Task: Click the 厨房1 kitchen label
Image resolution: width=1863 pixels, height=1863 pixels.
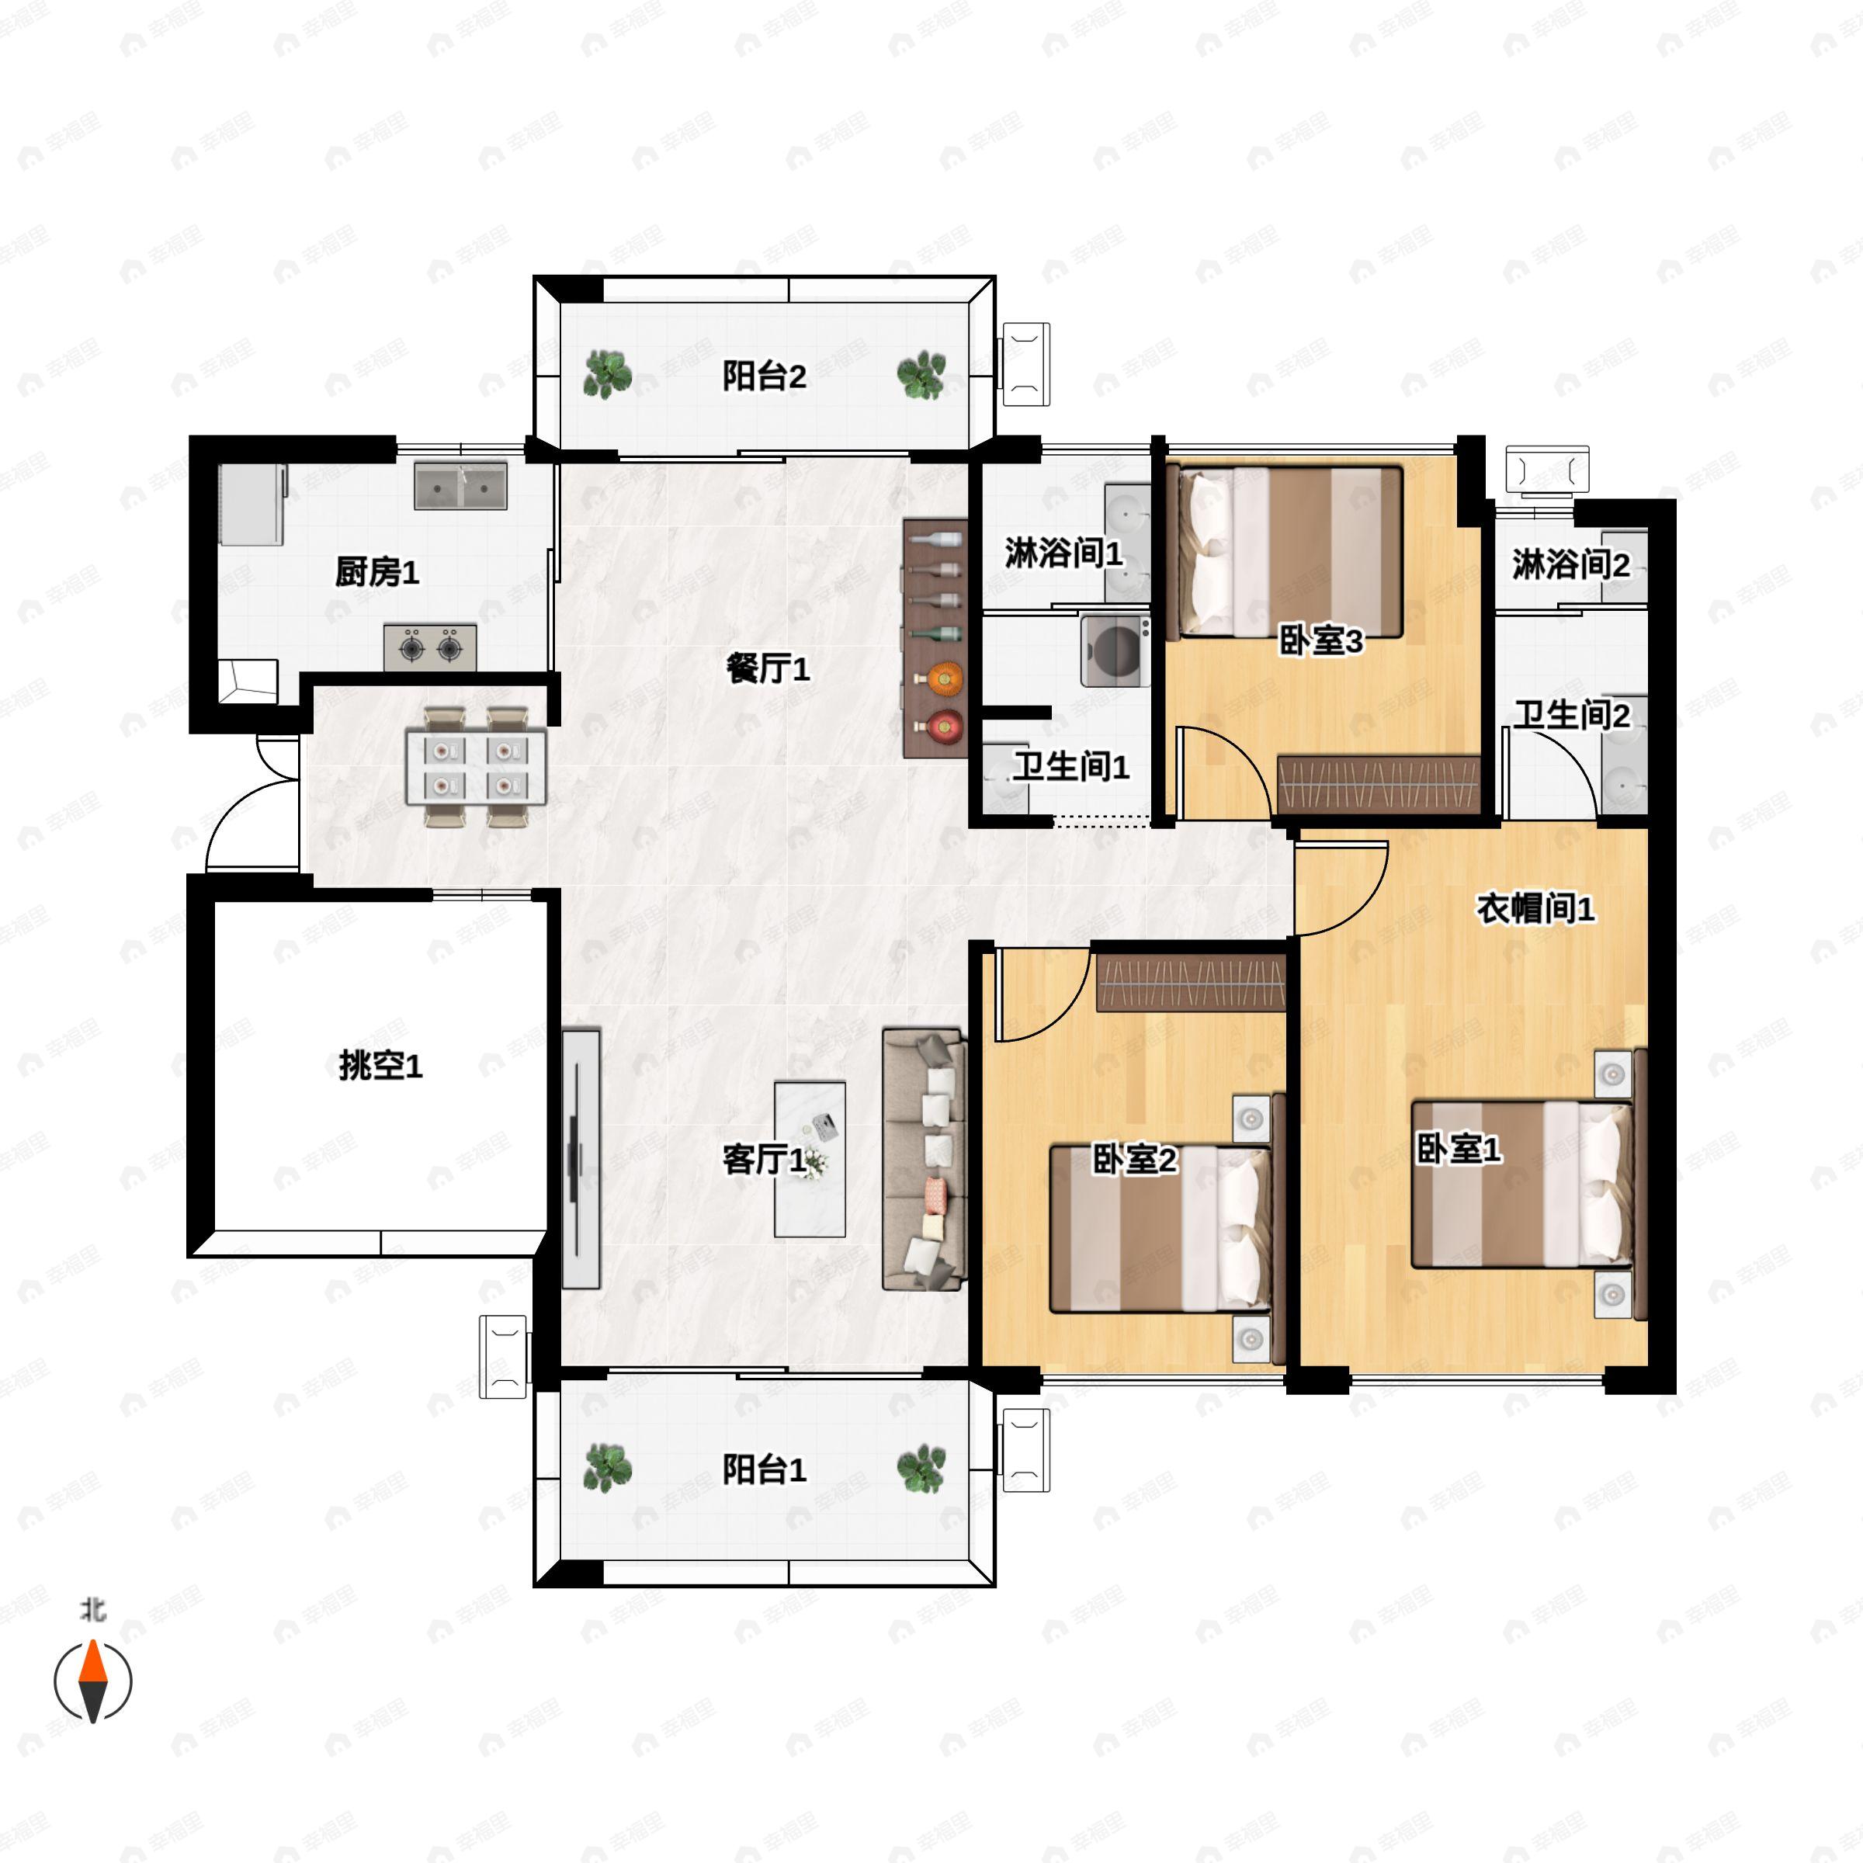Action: [x=377, y=572]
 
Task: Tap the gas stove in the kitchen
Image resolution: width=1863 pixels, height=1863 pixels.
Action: [x=430, y=648]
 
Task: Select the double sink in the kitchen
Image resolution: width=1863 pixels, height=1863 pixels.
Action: [x=461, y=485]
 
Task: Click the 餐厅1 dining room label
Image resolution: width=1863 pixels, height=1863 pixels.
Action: [x=768, y=668]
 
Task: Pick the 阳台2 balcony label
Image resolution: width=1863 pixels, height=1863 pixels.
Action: [x=764, y=375]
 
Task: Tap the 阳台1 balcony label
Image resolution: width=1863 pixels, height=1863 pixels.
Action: [x=764, y=1469]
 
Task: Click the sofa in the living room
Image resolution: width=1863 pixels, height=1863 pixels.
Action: [x=924, y=1160]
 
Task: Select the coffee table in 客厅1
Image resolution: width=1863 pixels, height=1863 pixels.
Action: [x=810, y=1159]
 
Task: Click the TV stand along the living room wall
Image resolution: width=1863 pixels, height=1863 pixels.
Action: [x=581, y=1158]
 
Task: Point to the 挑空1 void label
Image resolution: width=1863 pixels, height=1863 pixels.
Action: [x=381, y=1066]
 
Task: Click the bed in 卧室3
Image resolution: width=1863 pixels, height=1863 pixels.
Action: [x=1285, y=553]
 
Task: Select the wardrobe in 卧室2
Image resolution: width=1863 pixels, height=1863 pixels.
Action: [x=1192, y=983]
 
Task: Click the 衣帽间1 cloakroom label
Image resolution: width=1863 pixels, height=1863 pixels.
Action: [x=1536, y=907]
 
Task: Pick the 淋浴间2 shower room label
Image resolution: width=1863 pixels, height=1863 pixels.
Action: [x=1571, y=564]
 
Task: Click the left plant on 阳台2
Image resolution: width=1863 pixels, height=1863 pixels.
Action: [x=608, y=374]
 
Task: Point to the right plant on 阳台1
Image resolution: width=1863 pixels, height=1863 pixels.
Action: [x=921, y=1469]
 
